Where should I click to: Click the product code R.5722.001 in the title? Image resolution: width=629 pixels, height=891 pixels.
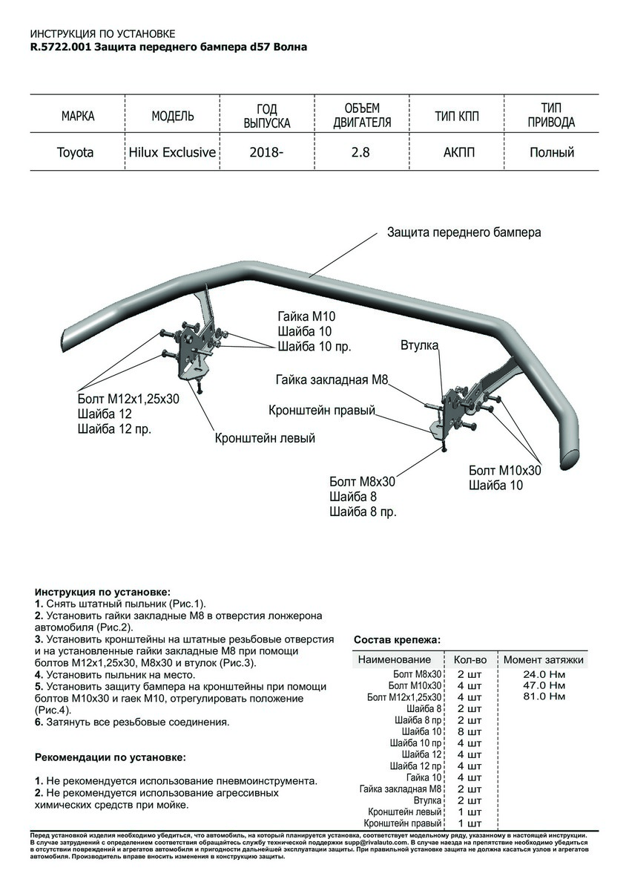coord(60,46)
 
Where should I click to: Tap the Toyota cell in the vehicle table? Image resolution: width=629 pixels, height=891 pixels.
coord(76,153)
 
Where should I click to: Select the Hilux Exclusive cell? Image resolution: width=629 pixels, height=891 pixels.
coord(172,153)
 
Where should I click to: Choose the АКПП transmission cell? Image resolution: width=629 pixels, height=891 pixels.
coord(457,153)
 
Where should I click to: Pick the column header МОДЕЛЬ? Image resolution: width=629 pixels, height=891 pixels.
coord(173,116)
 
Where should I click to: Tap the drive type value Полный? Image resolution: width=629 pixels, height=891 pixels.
coord(552,153)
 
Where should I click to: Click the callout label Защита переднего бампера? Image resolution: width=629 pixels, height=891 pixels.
coord(464,232)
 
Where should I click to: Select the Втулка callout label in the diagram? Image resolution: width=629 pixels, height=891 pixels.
coord(420,345)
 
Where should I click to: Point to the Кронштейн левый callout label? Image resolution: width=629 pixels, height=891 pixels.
coord(265,438)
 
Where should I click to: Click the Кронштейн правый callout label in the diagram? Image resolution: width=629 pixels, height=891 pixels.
coord(322,411)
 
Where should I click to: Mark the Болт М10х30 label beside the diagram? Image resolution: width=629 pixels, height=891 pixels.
coord(505,471)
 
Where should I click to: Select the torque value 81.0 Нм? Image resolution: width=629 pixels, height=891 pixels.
coord(544,697)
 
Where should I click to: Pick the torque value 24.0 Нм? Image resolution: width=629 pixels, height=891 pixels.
coord(544,673)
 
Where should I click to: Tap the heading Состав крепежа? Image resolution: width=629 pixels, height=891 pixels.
coord(397,639)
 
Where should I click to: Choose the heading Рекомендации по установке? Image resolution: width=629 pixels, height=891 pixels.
coord(111,758)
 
